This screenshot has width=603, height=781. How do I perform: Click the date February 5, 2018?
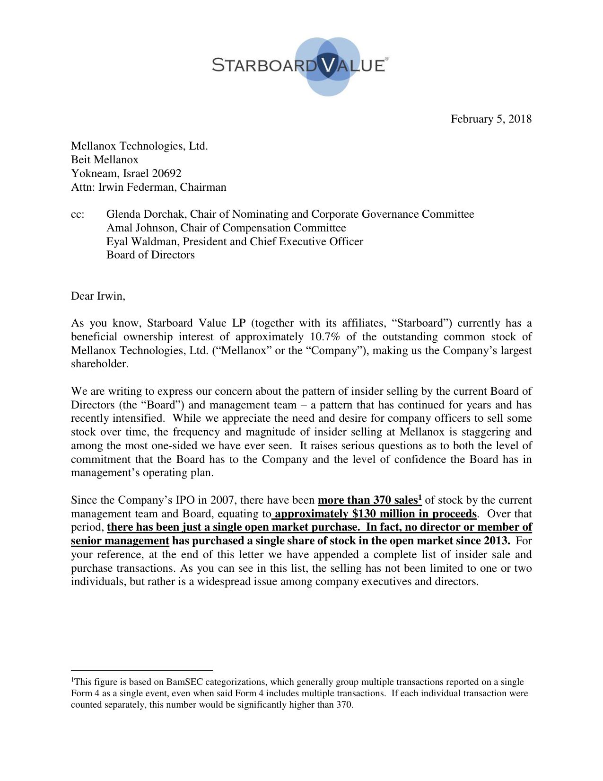click(491, 119)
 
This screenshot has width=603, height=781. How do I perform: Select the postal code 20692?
click(166, 173)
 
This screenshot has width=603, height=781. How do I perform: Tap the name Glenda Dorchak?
click(145, 214)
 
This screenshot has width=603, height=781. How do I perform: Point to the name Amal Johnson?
click(140, 228)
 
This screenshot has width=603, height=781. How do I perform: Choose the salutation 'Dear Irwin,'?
click(98, 296)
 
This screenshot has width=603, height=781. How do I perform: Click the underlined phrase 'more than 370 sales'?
click(367, 500)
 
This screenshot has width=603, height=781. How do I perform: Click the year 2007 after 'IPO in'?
click(222, 500)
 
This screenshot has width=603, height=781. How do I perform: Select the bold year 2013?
click(497, 541)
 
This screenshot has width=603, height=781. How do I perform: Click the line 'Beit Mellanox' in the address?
click(105, 160)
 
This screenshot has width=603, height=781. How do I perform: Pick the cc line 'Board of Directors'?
click(150, 255)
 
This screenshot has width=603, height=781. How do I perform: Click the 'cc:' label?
click(78, 214)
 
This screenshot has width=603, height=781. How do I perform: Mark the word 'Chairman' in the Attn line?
click(203, 187)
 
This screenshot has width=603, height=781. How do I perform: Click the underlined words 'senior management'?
click(120, 541)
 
